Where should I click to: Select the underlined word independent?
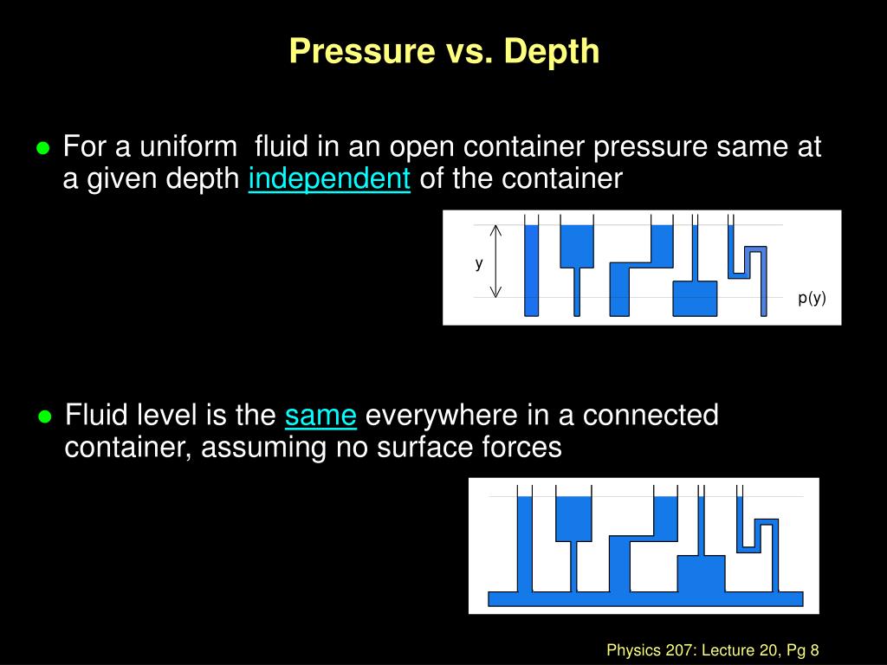[329, 179]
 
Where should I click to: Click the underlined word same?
[320, 416]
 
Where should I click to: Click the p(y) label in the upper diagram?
[813, 298]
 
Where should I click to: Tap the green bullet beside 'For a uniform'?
[42, 148]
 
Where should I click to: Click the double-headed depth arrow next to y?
[496, 261]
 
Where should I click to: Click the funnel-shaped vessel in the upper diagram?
[575, 247]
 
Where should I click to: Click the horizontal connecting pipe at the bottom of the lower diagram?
[645, 598]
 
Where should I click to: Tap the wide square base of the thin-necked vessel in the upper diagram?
[695, 298]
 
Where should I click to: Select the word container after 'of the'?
[563, 179]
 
